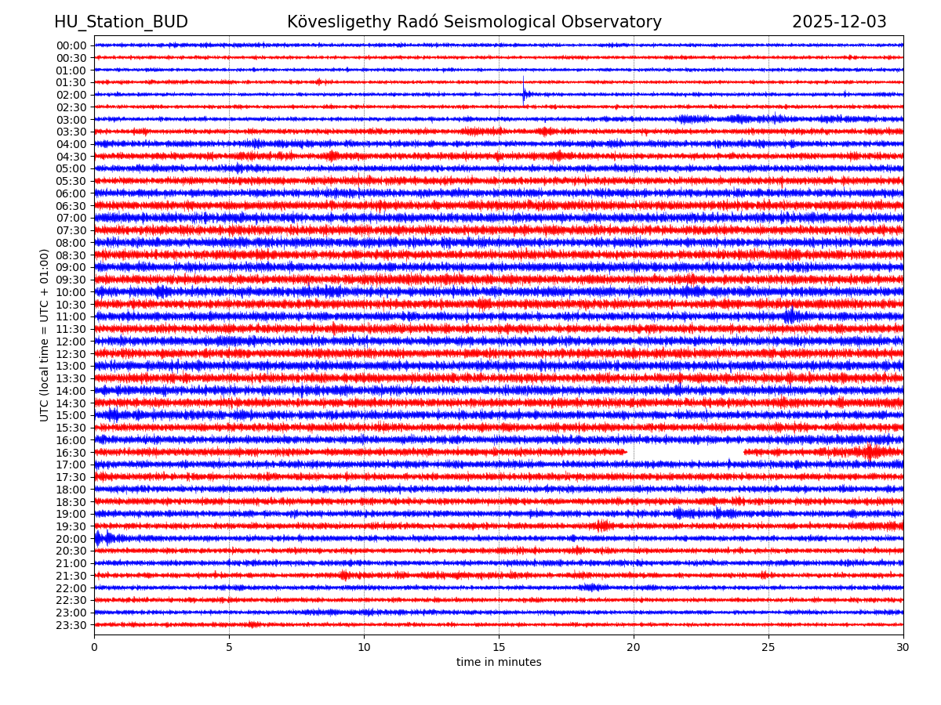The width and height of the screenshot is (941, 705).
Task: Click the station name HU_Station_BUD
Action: pos(121,22)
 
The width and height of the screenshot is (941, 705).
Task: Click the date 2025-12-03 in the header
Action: pos(839,22)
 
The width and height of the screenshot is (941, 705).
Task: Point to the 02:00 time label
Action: pos(71,95)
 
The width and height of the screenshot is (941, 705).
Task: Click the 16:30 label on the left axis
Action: pos(71,453)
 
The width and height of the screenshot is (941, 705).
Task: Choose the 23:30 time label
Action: pos(71,625)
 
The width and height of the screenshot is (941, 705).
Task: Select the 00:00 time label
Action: pos(71,45)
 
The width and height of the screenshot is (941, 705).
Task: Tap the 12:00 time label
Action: pos(71,342)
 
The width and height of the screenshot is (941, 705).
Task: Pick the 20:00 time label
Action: pos(71,539)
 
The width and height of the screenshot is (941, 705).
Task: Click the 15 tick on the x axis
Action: pos(499,647)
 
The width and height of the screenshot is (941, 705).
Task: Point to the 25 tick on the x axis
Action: pos(768,647)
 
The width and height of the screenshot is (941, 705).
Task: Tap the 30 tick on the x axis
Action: pos(903,647)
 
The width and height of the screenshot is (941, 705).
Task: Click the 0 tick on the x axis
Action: pos(94,647)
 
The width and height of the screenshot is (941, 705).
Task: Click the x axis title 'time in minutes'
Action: pos(499,663)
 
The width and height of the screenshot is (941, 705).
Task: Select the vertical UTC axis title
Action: pos(45,334)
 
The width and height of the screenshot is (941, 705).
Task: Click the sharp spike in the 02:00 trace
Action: pos(524,92)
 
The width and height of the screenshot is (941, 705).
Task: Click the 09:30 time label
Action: pos(71,280)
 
